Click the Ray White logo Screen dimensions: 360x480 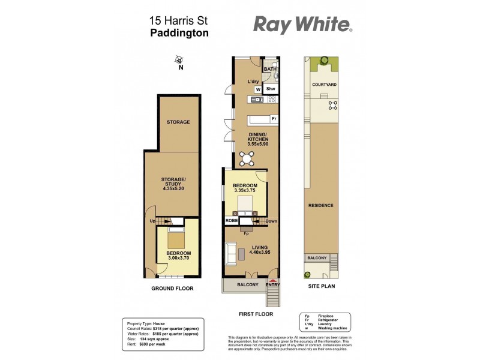pos(302,25)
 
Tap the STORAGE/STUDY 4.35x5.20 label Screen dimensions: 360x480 pos(172,184)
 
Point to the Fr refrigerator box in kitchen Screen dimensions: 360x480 pos(274,119)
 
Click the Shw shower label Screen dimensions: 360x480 pos(271,89)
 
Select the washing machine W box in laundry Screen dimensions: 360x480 pos(257,89)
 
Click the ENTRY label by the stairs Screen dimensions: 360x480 pos(273,285)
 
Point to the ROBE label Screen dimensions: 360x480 pos(232,221)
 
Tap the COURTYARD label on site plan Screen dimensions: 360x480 pos(324,85)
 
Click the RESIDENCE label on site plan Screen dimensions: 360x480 pos(320,205)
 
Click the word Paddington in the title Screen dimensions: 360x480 pos(179,33)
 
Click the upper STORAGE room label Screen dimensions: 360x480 pos(178,122)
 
